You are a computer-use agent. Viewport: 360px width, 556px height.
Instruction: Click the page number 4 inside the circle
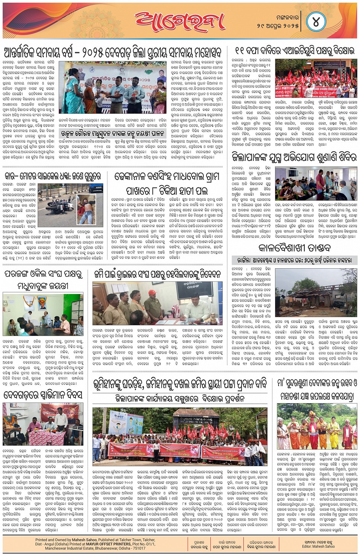pyautogui.click(x=316, y=22)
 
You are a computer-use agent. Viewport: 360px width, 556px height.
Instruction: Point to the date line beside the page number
pyautogui.click(x=277, y=26)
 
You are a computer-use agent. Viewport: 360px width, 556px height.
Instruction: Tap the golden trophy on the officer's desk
pyautogui.click(x=212, y=316)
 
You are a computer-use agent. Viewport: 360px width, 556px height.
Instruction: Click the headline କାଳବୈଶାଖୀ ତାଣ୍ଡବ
pyautogui.click(x=295, y=248)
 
